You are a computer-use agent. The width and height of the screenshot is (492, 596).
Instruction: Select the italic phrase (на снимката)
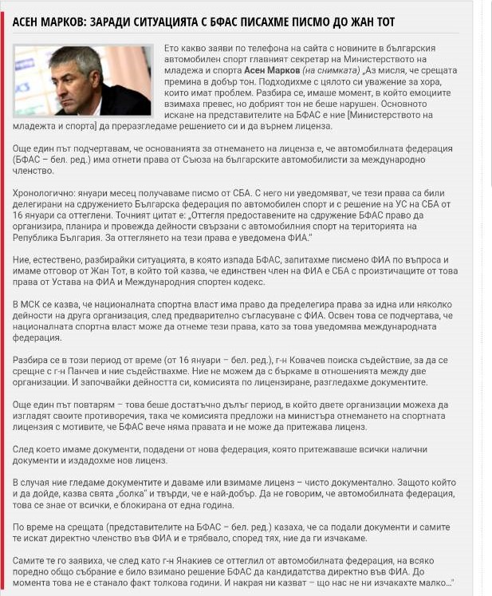(329, 70)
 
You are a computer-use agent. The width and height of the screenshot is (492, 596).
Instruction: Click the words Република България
(59, 237)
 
